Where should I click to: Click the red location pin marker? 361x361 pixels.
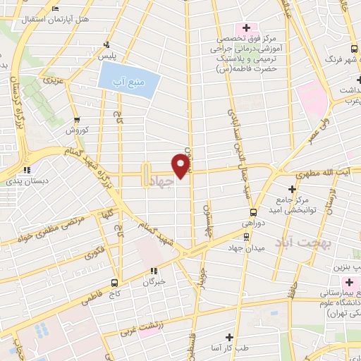(x=181, y=165)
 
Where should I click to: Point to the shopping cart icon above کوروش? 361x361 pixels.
(x=76, y=119)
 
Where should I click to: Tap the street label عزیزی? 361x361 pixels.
(x=53, y=80)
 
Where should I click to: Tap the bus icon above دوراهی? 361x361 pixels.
(x=253, y=212)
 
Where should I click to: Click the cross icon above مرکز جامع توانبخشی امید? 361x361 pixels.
(x=293, y=188)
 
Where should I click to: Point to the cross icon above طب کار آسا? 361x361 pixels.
(x=228, y=337)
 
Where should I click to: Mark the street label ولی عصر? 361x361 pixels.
(x=317, y=132)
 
